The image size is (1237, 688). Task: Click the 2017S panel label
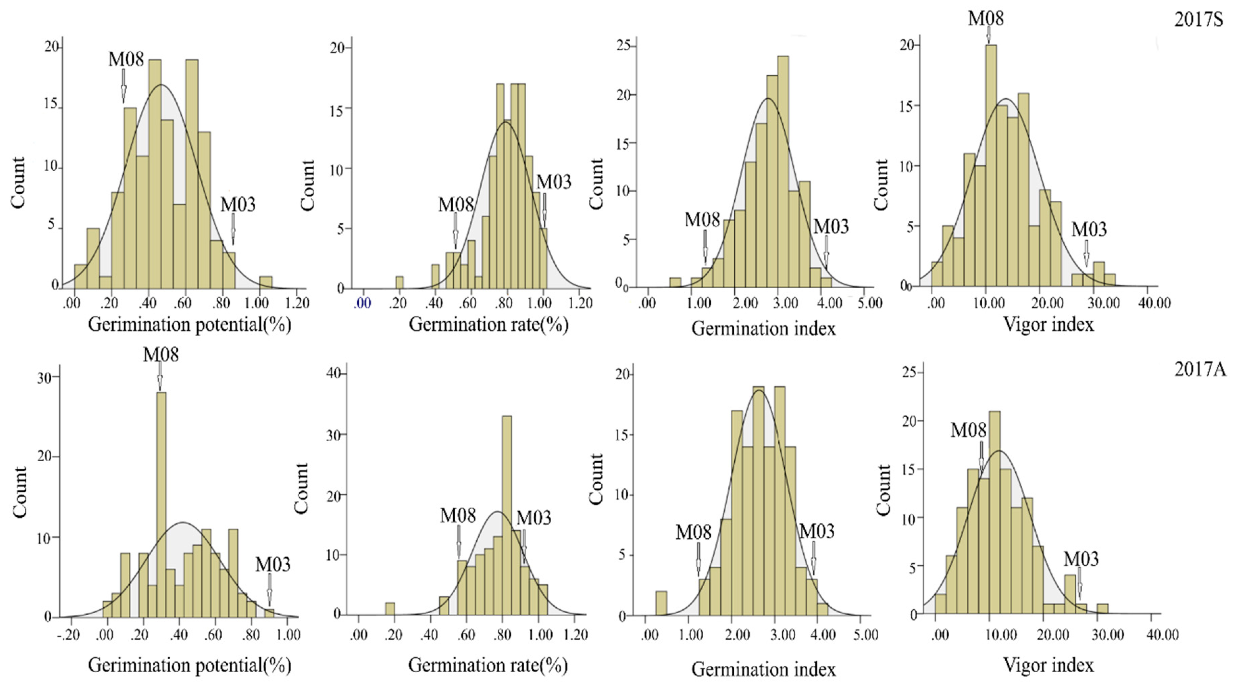coord(1198,19)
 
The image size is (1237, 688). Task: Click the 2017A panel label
coord(1199,369)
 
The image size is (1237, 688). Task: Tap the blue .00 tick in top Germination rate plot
coord(362,303)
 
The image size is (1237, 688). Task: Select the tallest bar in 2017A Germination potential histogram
coord(161,505)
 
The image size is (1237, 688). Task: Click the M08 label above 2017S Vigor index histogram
coord(985,18)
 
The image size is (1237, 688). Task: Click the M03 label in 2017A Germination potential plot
coord(272,564)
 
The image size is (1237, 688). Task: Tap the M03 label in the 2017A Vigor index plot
coord(1081,559)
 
